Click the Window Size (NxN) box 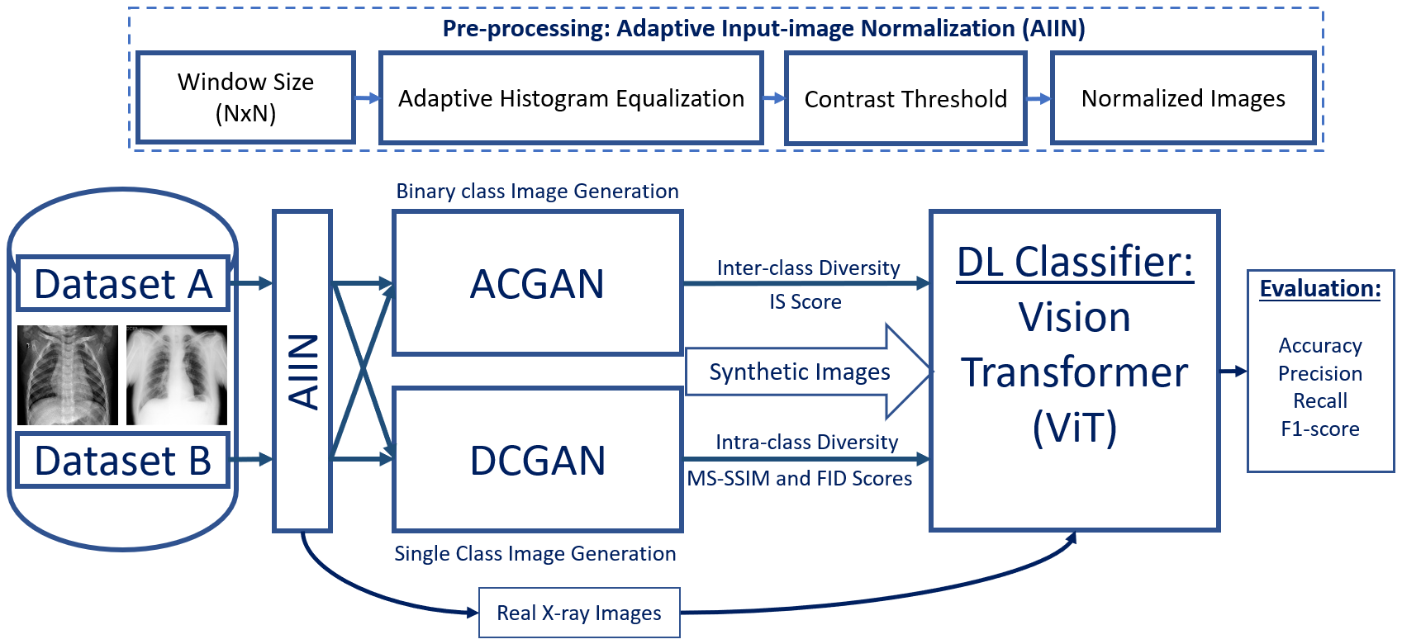tap(245, 97)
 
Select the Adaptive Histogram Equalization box tap(570, 98)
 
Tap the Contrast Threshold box tap(905, 99)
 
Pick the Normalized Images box tap(1182, 98)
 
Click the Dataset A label tap(123, 284)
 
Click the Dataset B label tap(123, 460)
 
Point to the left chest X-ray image tap(68, 375)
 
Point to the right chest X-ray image tap(177, 375)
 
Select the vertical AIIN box tap(302, 371)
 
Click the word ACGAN tap(537, 284)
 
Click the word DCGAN tap(537, 460)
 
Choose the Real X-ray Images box tap(579, 613)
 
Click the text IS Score tap(806, 302)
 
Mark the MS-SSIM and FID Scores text tap(800, 478)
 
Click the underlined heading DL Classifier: tap(1075, 262)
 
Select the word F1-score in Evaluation tap(1320, 429)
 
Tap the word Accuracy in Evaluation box tap(1320, 345)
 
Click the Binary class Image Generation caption tap(537, 191)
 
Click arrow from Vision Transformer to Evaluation tap(1233, 372)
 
